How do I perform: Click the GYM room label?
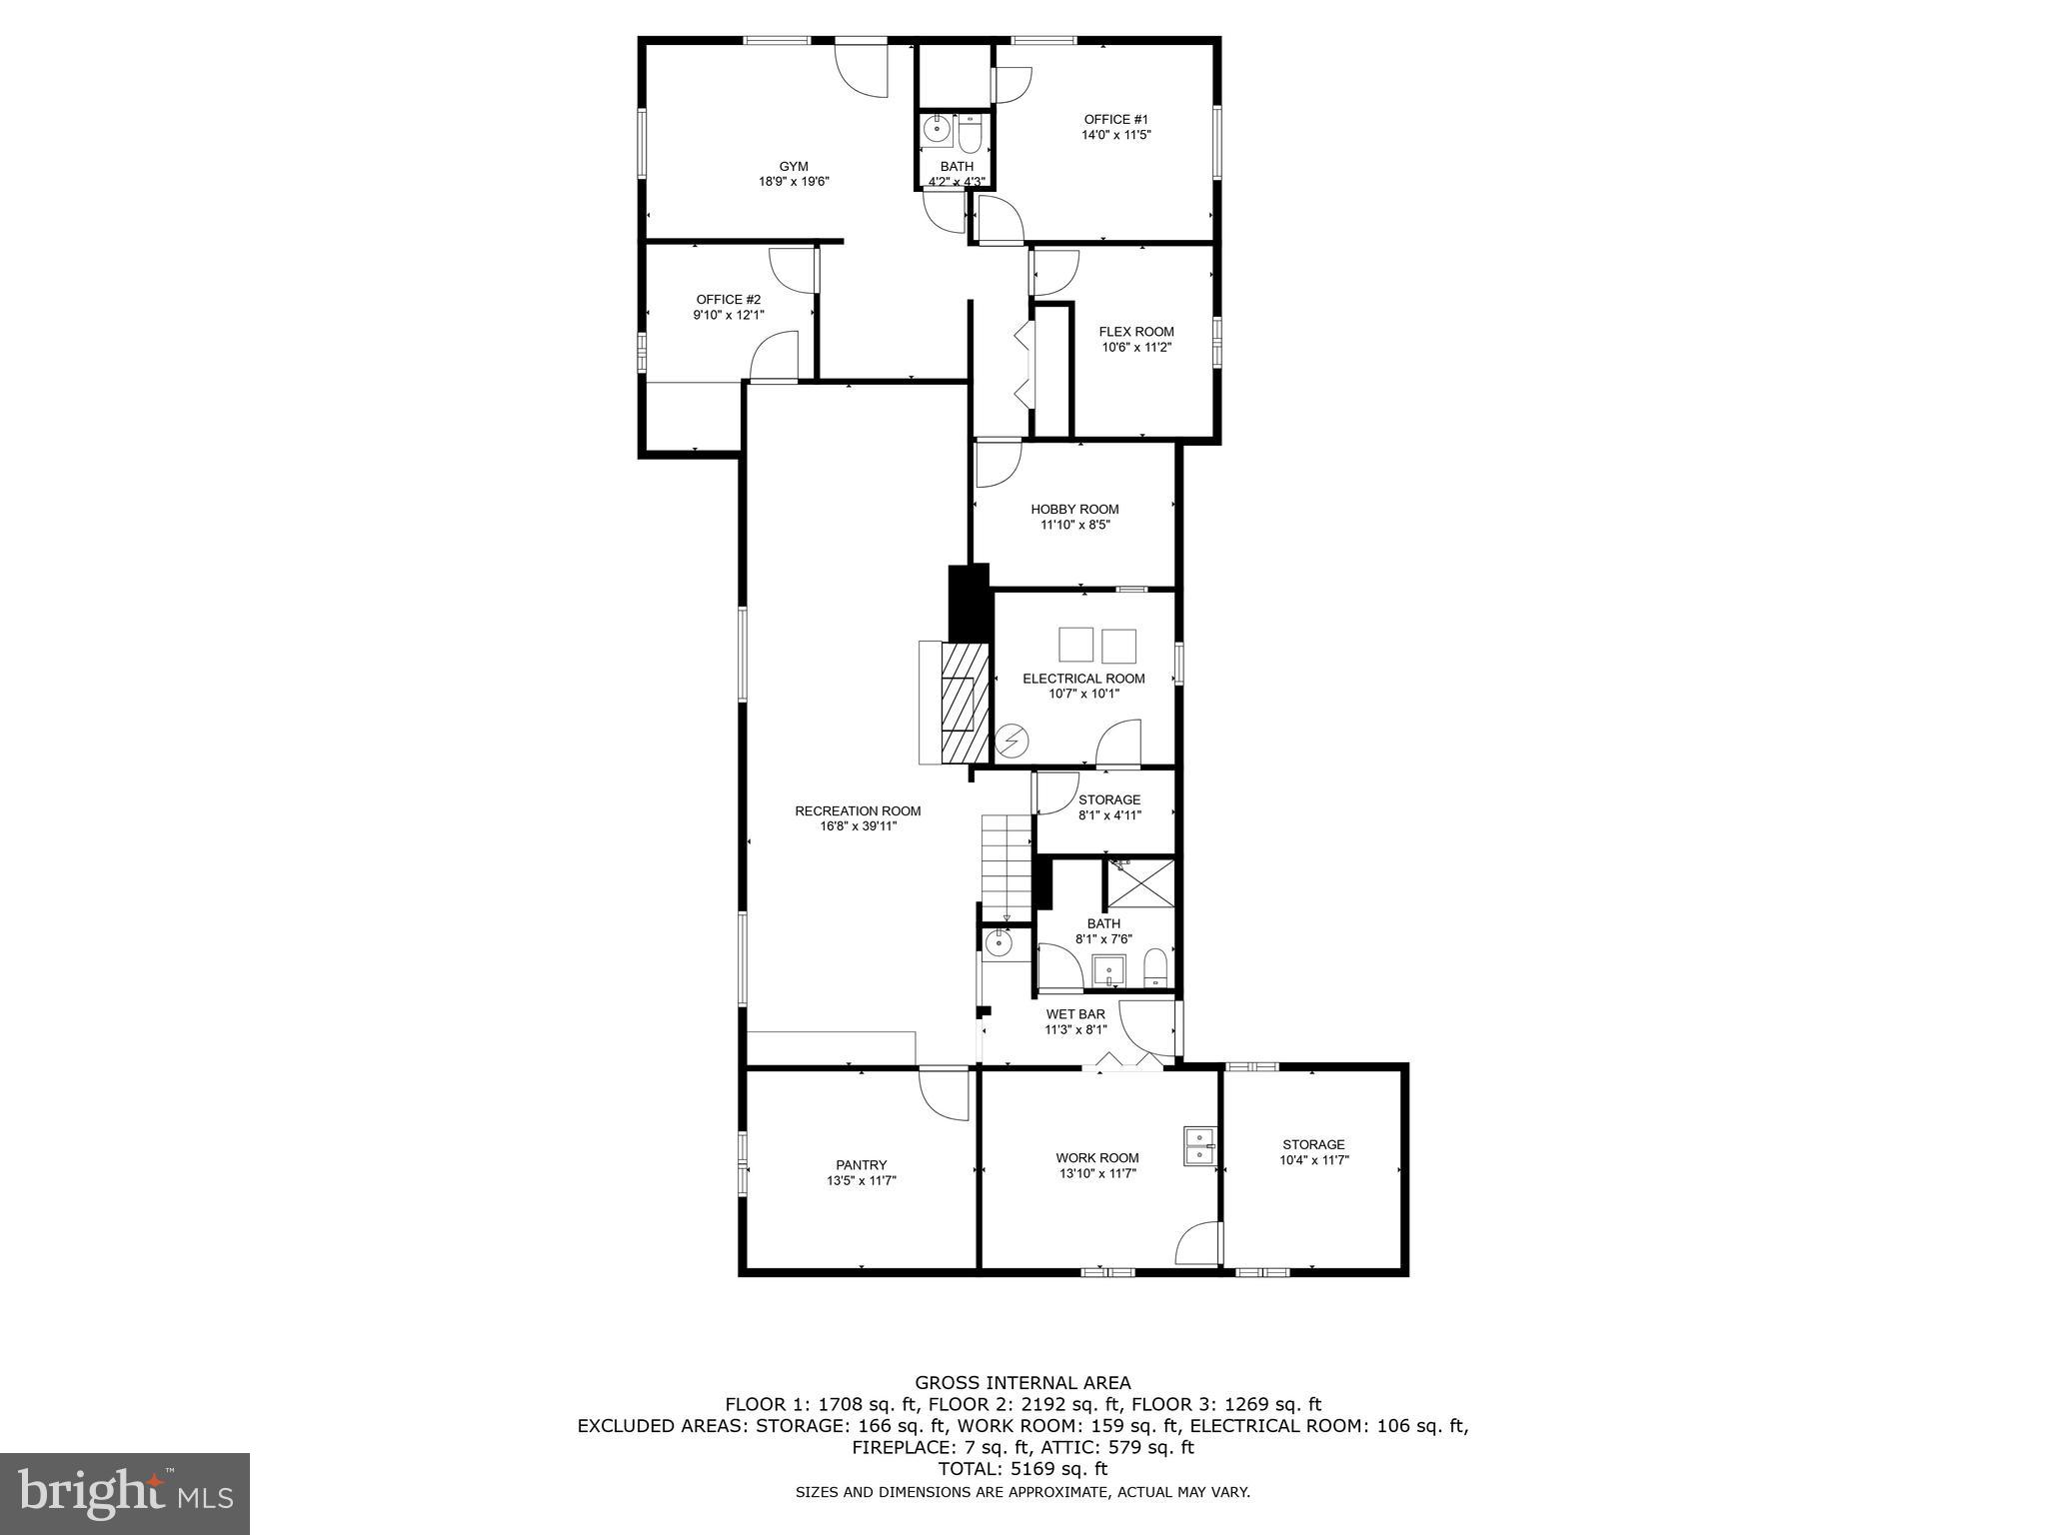point(794,166)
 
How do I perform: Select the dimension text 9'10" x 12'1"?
point(729,315)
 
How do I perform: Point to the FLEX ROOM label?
point(1136,332)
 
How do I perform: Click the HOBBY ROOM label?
point(1074,509)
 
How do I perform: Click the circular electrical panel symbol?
point(1013,741)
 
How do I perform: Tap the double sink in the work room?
point(1198,1146)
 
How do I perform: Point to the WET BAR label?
point(1075,1014)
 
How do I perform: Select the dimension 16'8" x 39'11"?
point(858,826)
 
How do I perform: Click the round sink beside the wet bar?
point(998,942)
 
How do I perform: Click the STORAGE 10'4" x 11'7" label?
point(1313,1144)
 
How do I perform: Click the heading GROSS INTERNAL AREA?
point(1023,1383)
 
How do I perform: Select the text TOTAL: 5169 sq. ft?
point(1023,1469)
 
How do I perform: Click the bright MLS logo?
point(125,1493)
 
